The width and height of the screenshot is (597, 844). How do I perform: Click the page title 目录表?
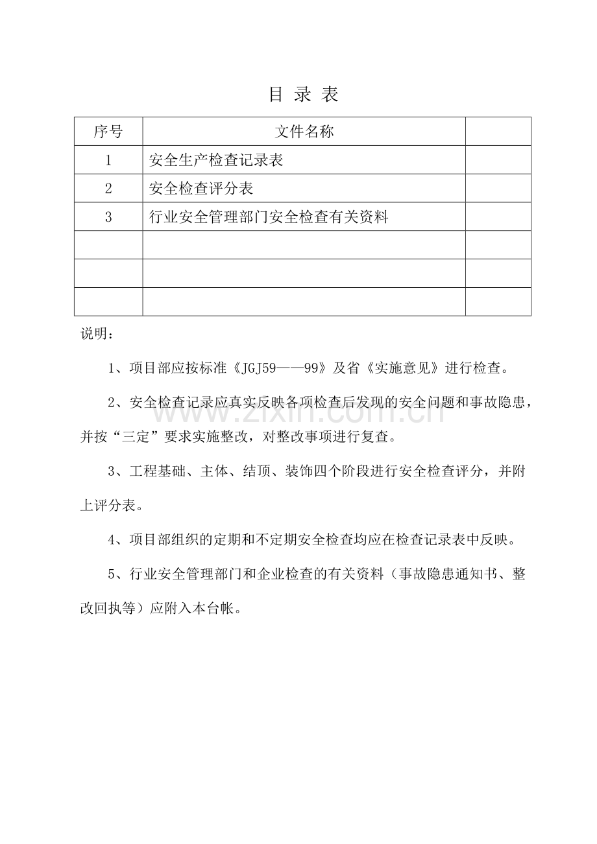point(304,95)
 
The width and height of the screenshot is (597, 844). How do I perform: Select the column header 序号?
point(108,132)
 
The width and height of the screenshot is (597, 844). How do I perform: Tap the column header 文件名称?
point(304,132)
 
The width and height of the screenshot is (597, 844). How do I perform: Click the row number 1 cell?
point(108,160)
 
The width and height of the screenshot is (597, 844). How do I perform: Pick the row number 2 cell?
point(108,189)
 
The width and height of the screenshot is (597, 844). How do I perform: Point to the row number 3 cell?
point(108,217)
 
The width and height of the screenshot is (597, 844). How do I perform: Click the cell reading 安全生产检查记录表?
point(216,160)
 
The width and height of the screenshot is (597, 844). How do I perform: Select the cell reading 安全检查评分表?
point(201,189)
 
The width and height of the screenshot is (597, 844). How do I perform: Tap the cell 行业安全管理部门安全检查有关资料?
point(269,217)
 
